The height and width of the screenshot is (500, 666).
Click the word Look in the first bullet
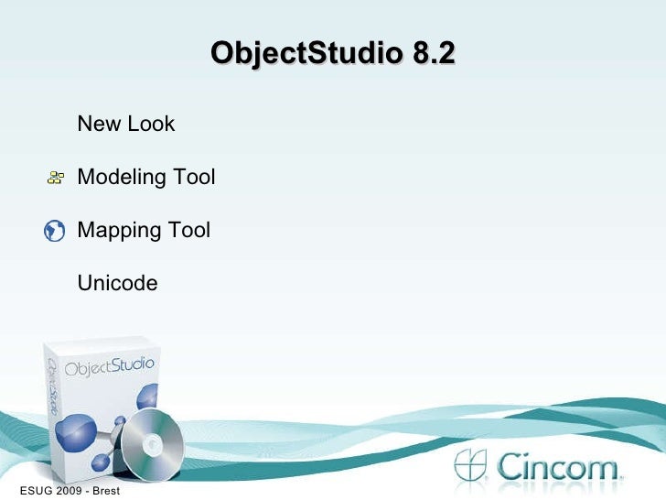151,124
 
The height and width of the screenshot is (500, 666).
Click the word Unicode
117,283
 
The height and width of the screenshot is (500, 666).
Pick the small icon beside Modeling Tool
56,177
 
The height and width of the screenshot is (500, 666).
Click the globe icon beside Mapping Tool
54,230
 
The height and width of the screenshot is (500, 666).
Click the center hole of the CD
153,445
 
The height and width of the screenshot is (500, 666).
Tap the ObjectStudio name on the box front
110,366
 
